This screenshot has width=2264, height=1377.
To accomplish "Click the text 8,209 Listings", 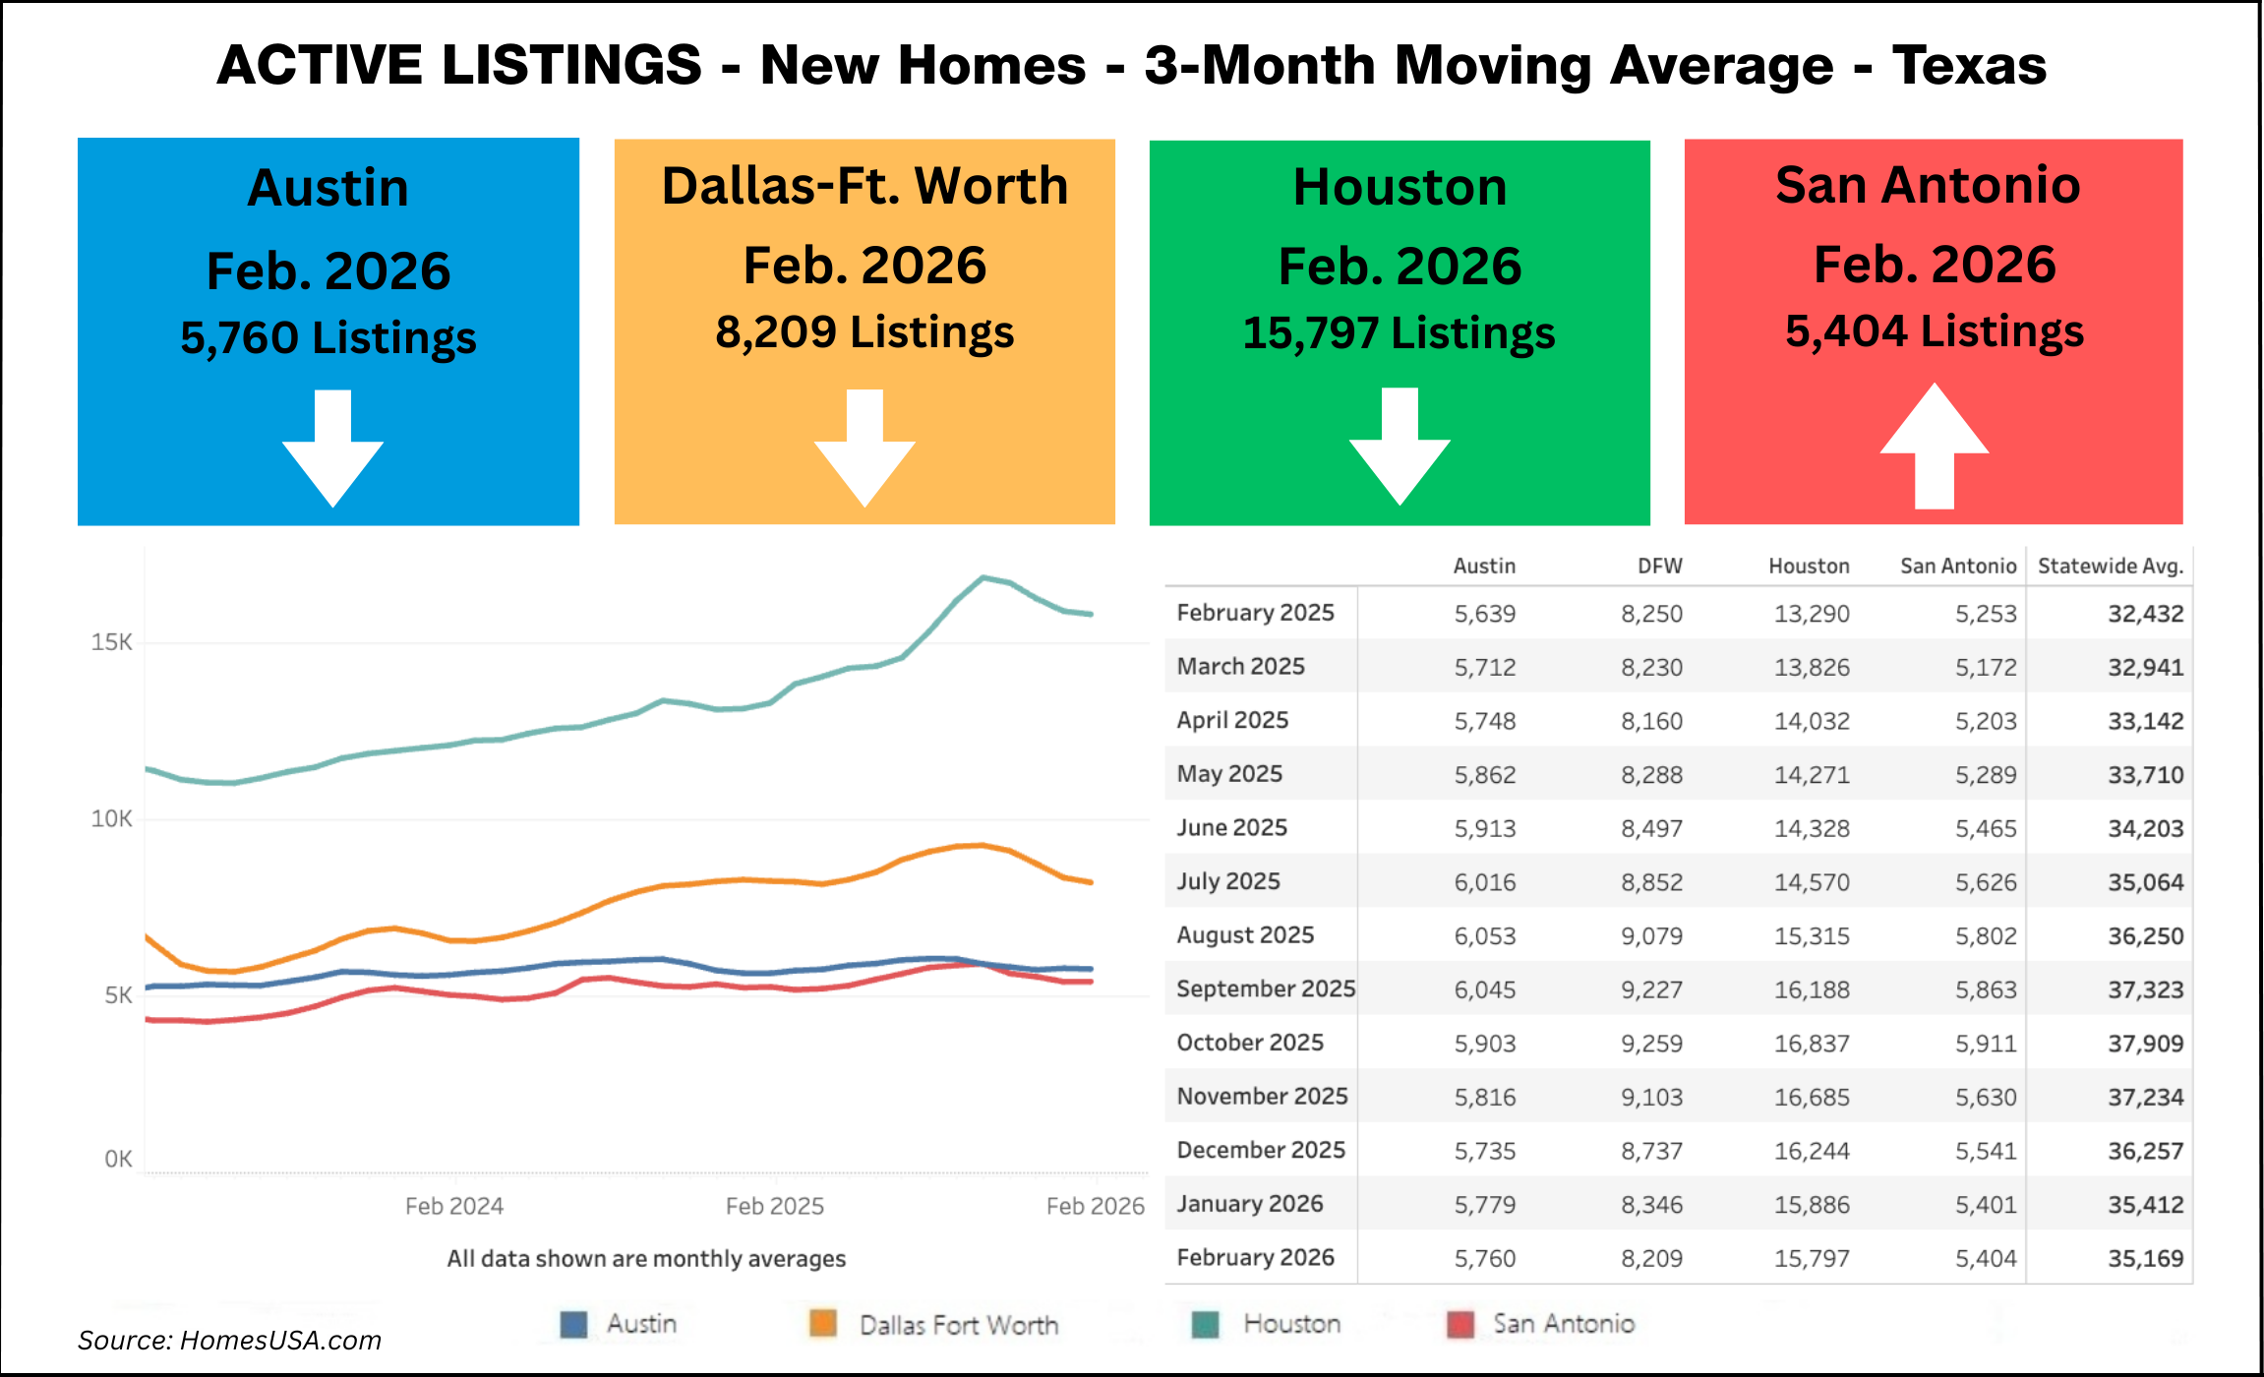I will tap(864, 332).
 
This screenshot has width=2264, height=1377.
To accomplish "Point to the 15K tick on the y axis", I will tap(111, 642).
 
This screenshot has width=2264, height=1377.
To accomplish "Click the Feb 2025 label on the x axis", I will tap(774, 1206).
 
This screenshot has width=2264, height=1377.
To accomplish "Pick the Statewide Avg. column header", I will tap(2110, 566).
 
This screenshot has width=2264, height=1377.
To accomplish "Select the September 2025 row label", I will tap(1265, 988).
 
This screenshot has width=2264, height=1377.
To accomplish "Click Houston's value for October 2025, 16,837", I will tap(1811, 1044).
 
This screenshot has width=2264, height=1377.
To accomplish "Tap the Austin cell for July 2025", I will tap(1484, 882).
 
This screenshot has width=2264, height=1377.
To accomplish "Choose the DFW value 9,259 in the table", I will tap(1651, 1044).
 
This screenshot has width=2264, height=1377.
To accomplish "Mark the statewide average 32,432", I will tap(2145, 614).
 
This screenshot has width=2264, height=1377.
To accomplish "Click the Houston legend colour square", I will tap(1205, 1324).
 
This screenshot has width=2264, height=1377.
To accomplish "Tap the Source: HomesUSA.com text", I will tap(229, 1341).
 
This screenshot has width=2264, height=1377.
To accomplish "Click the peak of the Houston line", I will tap(983, 577).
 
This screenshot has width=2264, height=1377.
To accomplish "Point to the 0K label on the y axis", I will tap(118, 1159).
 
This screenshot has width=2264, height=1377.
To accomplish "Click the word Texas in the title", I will tap(1969, 65).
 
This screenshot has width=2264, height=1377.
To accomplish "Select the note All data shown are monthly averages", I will tap(646, 1259).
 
